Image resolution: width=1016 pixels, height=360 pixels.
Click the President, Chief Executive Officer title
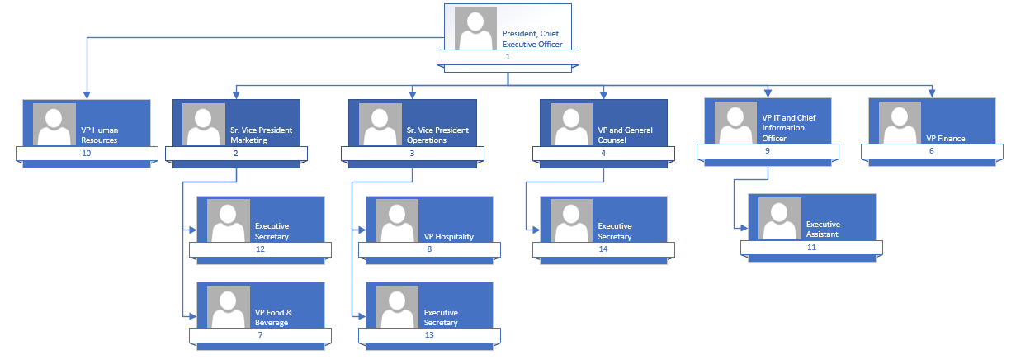coord(532,39)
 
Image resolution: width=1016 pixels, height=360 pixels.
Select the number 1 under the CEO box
coord(508,57)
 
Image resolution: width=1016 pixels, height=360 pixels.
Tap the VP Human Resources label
coord(99,135)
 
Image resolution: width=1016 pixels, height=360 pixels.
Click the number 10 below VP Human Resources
coord(87,154)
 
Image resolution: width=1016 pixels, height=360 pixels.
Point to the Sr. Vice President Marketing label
coord(261,135)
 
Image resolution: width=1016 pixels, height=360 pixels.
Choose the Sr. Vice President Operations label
coord(437,135)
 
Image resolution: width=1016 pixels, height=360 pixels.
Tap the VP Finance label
coord(946,139)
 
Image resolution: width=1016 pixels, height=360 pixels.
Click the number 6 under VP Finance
coord(932,152)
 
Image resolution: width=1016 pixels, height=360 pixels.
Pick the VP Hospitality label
coord(449,237)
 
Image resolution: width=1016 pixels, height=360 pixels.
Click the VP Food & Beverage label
coord(272,318)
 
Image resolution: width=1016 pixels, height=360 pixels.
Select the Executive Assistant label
coord(824,229)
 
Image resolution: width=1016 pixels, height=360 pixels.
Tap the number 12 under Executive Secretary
coord(260,249)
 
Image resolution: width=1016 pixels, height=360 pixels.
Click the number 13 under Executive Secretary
coord(428,335)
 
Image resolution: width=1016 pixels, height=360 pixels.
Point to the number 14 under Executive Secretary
coord(603,249)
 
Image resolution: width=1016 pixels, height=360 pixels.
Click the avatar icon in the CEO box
coord(475,28)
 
